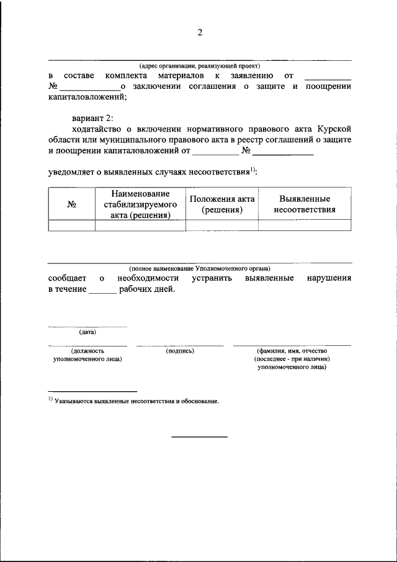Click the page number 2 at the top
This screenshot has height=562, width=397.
click(200, 33)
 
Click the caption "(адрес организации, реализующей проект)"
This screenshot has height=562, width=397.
click(199, 66)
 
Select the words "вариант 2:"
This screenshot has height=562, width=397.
click(92, 118)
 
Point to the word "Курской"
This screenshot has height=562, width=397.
click(334, 129)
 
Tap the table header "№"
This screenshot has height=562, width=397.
click(71, 204)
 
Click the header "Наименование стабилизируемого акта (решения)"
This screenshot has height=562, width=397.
click(140, 204)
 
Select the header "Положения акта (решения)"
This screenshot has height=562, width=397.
click(221, 204)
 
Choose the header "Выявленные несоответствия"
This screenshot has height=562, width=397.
click(305, 204)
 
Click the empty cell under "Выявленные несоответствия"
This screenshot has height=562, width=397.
click(305, 226)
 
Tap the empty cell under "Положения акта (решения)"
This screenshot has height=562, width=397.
click(221, 226)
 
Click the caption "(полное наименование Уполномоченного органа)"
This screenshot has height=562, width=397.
click(199, 268)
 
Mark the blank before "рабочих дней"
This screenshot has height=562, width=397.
click(102, 289)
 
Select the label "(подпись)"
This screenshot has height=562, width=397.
click(180, 351)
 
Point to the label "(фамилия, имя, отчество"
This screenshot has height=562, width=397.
click(292, 351)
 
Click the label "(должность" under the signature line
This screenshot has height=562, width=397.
click(87, 351)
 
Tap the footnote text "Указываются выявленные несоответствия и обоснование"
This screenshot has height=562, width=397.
click(136, 401)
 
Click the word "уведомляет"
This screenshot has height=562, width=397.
click(72, 171)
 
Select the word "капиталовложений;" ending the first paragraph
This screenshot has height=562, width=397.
click(87, 97)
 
